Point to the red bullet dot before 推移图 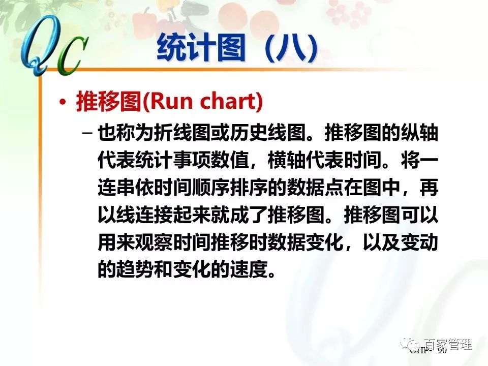[x=63, y=102]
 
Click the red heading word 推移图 [x=108, y=102]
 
